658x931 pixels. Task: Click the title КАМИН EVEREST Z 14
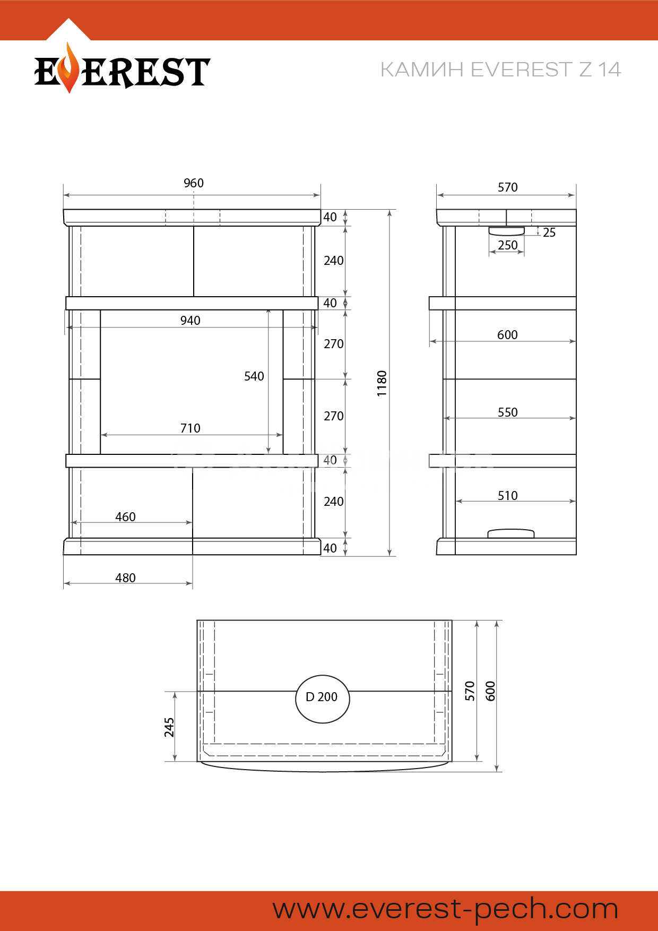pyautogui.click(x=500, y=70)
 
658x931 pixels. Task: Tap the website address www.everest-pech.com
pyautogui.click(x=446, y=909)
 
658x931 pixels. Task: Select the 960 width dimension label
pyautogui.click(x=194, y=183)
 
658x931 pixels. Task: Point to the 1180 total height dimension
pyautogui.click(x=382, y=384)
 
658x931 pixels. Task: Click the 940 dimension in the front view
pyautogui.click(x=191, y=321)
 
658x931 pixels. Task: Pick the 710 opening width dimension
pyautogui.click(x=191, y=428)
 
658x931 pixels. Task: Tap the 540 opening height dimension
pyautogui.click(x=254, y=376)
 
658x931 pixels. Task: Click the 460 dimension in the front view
pyautogui.click(x=126, y=517)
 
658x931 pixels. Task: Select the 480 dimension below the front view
pyautogui.click(x=126, y=578)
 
